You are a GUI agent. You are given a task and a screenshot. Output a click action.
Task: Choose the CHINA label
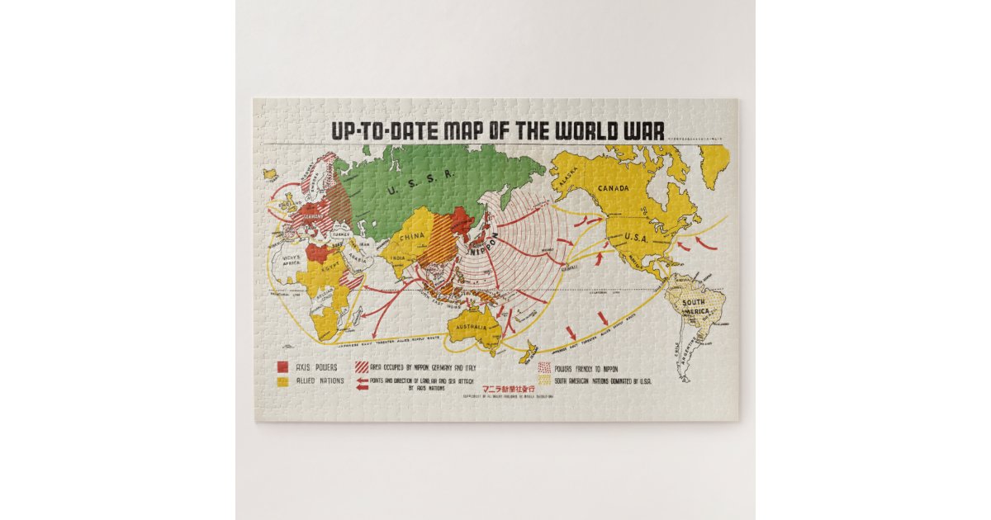tap(414, 236)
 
